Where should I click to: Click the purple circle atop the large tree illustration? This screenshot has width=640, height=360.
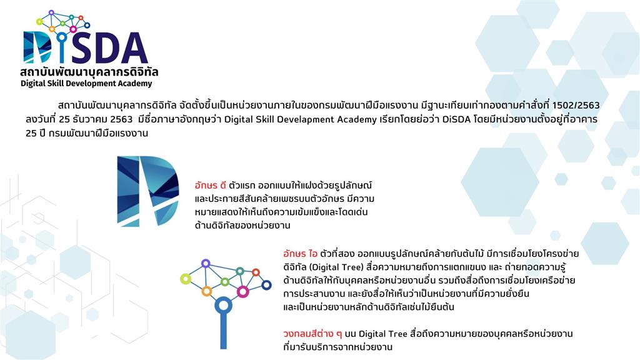pyautogui.click(x=206, y=263)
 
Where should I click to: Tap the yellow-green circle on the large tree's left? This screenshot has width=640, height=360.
pyautogui.click(x=186, y=279)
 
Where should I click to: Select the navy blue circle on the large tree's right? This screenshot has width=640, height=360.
pyautogui.click(x=266, y=285)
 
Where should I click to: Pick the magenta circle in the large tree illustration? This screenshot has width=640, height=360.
pyautogui.click(x=243, y=291)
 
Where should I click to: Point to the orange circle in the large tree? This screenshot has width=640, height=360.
pyautogui.click(x=206, y=291)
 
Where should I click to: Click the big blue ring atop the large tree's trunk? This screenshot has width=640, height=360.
pyautogui.click(x=223, y=305)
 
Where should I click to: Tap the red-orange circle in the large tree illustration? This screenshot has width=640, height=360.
pyautogui.click(x=256, y=272)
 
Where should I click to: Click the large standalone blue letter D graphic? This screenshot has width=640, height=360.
pyautogui.click(x=147, y=191)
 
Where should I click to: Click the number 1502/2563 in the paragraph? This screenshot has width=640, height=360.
pyautogui.click(x=576, y=105)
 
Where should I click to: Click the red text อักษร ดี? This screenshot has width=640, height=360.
pyautogui.click(x=210, y=185)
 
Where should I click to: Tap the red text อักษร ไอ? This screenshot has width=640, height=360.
pyautogui.click(x=300, y=254)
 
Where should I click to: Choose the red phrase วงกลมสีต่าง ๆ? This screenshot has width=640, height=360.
pyautogui.click(x=312, y=334)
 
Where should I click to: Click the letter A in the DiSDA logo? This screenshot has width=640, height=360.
pyautogui.click(x=134, y=48)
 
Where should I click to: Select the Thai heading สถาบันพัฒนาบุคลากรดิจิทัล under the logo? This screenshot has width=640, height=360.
pyautogui.click(x=89, y=72)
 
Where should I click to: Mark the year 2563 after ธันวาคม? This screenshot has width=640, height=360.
pyautogui.click(x=122, y=119)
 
